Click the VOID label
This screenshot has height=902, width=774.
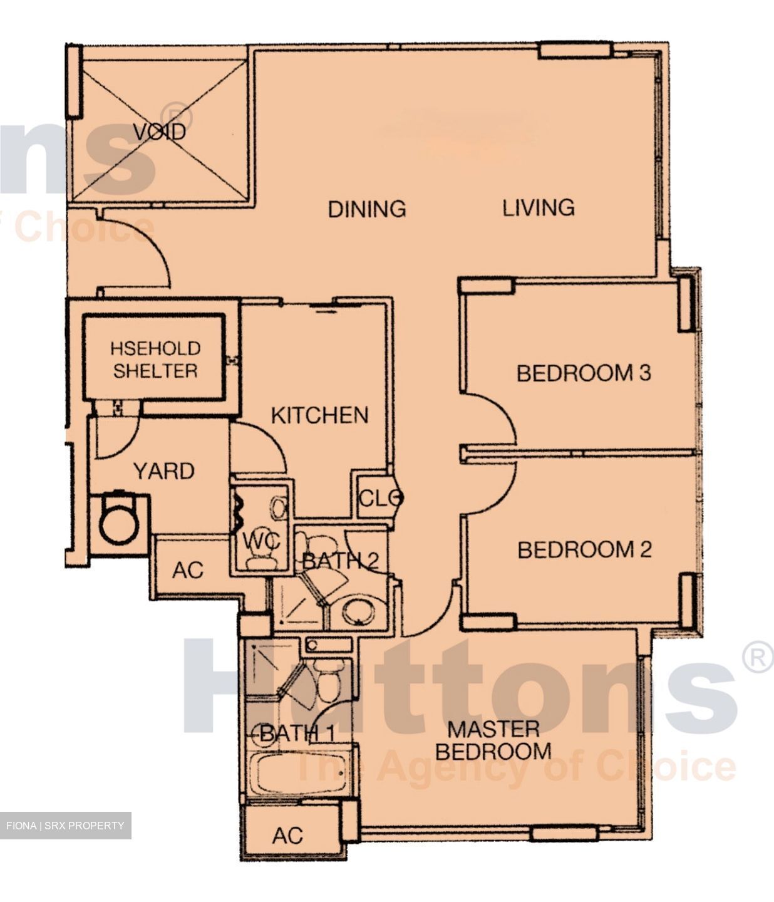[x=160, y=132]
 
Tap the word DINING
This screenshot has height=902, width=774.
[x=367, y=209]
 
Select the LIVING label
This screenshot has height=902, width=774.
[x=539, y=207]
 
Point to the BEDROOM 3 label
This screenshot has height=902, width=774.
[x=584, y=373]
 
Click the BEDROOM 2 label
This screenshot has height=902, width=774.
[x=585, y=550]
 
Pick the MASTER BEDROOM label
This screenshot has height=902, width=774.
[x=493, y=740]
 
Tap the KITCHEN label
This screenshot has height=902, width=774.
[x=320, y=415]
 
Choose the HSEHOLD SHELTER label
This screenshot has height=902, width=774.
[x=155, y=360]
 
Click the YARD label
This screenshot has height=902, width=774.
[x=164, y=471]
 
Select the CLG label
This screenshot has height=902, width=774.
[x=379, y=498]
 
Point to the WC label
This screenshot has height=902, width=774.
[x=261, y=542]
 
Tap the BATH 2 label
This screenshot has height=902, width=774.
[x=340, y=561]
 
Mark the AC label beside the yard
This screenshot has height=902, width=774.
[x=188, y=570]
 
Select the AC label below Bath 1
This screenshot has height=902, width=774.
[x=287, y=836]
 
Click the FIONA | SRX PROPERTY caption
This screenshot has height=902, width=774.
[x=66, y=825]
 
